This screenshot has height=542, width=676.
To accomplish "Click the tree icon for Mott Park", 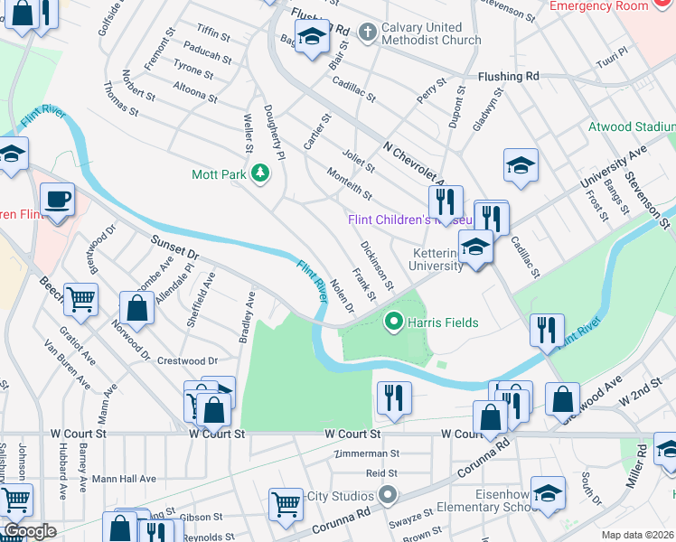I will point(261,173).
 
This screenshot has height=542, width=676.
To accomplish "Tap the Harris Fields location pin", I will point(393,321).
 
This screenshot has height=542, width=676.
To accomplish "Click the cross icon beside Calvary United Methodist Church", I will point(367,33).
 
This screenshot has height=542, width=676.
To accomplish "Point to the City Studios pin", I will point(388,495).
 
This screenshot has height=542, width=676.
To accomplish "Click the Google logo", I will point(30,531).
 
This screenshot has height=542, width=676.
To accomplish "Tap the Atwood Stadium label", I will point(631,127).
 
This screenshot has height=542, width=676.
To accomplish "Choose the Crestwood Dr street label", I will point(188,360).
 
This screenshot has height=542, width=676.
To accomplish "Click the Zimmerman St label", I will point(366,453).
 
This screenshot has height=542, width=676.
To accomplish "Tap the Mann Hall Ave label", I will point(124,479).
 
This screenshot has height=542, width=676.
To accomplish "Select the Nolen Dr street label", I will point(342,297).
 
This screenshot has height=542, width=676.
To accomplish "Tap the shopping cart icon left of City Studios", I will point(286,501).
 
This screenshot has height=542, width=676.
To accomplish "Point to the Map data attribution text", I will point(638,535).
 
